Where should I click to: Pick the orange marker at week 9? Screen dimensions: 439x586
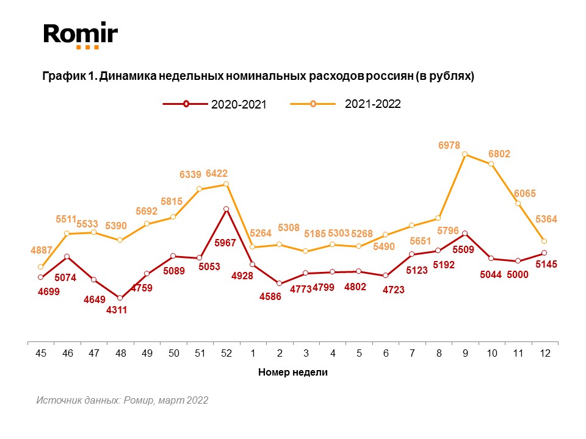(465, 154)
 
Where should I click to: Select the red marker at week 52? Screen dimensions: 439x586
(226, 209)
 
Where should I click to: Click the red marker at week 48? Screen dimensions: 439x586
(120, 298)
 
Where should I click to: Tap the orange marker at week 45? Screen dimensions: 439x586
(40, 266)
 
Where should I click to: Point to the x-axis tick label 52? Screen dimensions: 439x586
(226, 354)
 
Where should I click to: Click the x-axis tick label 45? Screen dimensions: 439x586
(40, 354)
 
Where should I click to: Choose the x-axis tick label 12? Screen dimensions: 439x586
(544, 354)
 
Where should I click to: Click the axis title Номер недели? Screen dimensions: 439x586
(293, 373)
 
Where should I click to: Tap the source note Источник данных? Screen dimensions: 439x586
(122, 401)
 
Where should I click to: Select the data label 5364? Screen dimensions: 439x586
(546, 219)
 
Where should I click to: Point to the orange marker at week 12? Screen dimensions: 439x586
(544, 241)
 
